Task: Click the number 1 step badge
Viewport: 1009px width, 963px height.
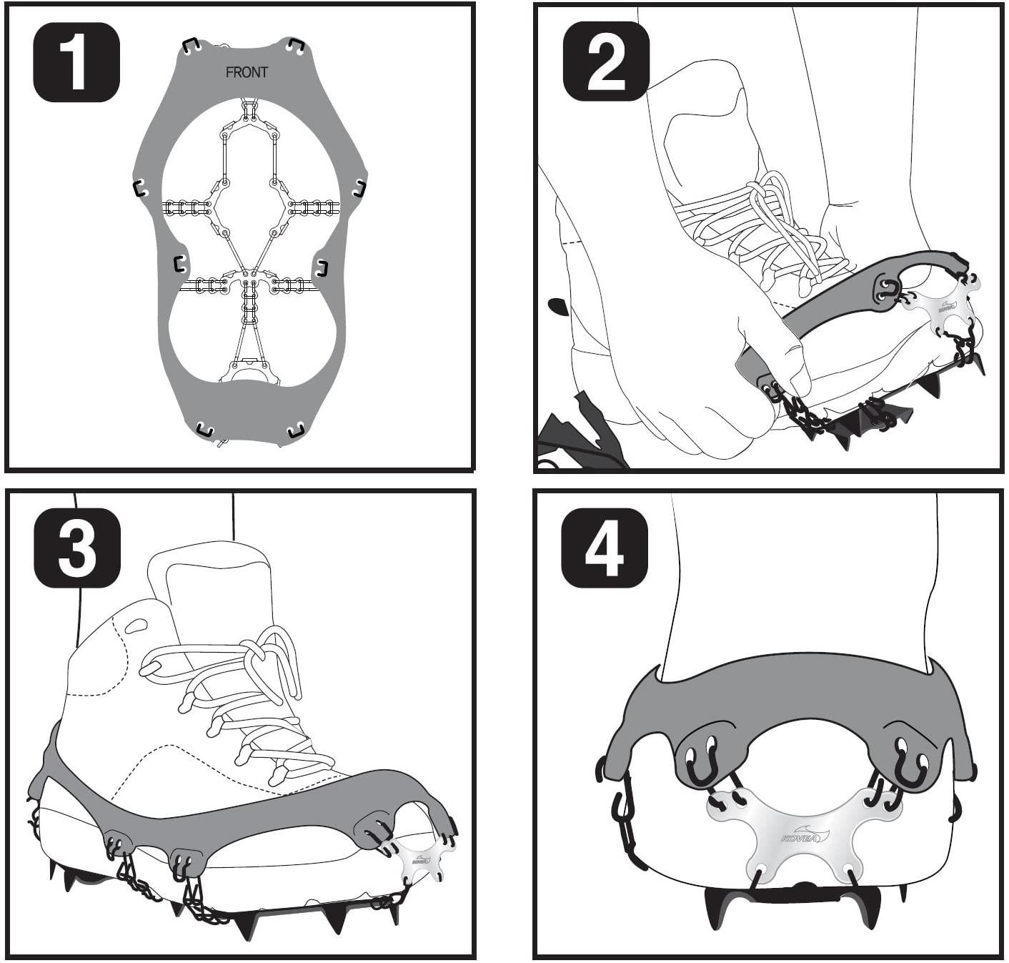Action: (76, 61)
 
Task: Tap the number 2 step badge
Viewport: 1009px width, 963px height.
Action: (606, 61)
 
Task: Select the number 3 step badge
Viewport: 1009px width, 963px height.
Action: (77, 548)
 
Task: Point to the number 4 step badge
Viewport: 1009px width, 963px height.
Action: (605, 548)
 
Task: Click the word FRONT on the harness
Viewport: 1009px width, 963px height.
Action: (247, 72)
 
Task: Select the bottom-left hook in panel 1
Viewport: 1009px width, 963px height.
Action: (205, 429)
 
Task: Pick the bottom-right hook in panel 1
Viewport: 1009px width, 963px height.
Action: (296, 430)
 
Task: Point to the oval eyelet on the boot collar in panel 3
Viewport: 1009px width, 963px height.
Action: (136, 626)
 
